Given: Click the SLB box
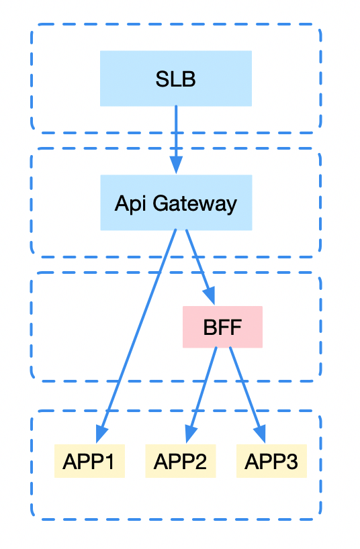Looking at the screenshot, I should pos(175,79).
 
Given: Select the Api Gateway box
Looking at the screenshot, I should pos(175,203).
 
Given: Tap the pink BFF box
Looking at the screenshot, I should pos(222,328).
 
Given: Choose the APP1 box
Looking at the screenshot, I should pos(89,462).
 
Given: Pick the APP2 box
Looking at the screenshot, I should pos(180,462).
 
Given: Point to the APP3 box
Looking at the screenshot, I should pos(271,462).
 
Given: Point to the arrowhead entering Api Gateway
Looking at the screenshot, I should pos(175,166).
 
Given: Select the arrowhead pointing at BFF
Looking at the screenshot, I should pos(210,297).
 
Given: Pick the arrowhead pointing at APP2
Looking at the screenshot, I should pos(191,434).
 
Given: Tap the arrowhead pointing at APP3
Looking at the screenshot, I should pos(261,434).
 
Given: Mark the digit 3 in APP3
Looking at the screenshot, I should pos(293,462).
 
